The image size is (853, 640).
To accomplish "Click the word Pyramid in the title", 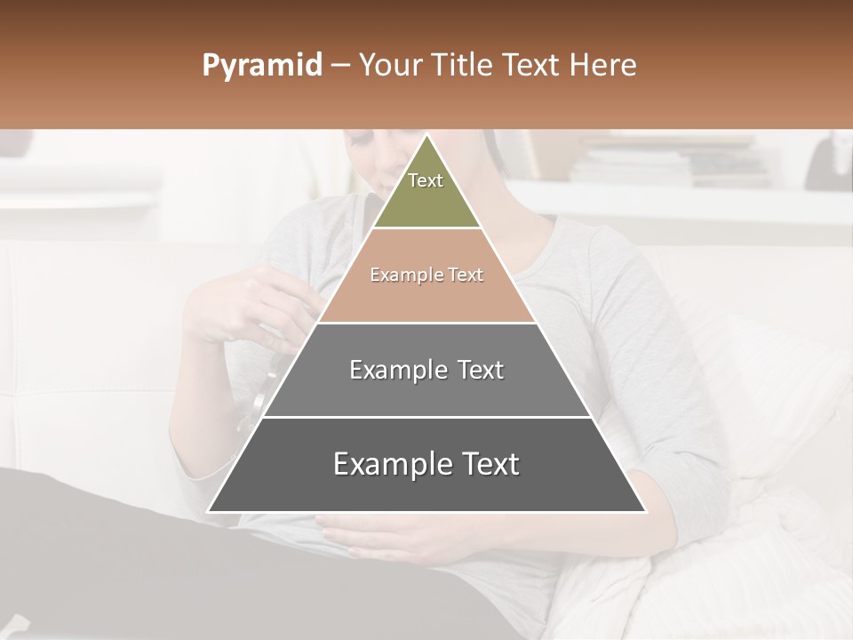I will [x=261, y=66].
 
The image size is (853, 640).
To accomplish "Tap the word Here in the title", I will [x=603, y=66].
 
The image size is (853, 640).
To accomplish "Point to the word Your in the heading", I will [x=387, y=66].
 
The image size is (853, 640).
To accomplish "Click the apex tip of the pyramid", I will [x=426, y=137].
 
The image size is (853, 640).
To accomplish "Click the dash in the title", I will [x=339, y=66].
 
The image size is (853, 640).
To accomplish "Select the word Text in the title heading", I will [x=531, y=66].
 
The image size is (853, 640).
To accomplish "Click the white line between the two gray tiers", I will [x=426, y=417].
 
